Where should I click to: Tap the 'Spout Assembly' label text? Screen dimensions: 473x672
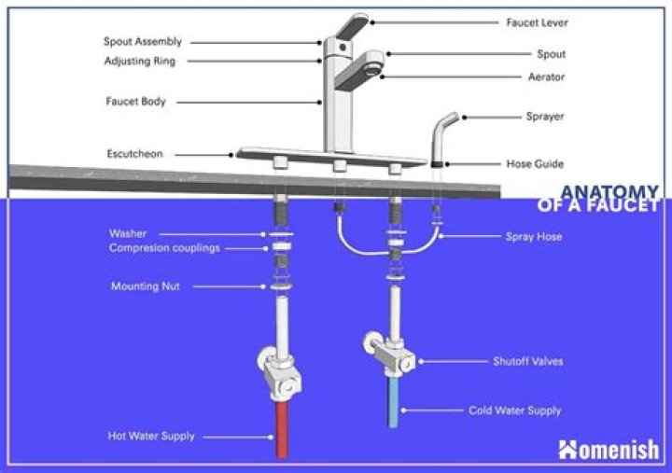[142, 42]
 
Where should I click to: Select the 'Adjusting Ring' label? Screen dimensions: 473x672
[139, 62]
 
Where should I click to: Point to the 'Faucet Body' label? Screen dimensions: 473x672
[135, 102]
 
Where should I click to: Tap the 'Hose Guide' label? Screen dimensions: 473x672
[534, 164]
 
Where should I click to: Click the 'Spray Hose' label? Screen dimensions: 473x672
[533, 237]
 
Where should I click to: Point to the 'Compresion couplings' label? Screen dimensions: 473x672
[162, 248]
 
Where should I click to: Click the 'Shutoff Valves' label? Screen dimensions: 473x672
[527, 360]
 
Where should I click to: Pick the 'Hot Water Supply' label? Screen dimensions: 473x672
[150, 436]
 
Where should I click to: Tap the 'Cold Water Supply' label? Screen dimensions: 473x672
[527, 410]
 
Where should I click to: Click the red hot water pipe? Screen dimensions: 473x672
[281, 430]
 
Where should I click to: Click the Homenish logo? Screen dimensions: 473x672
[609, 449]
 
